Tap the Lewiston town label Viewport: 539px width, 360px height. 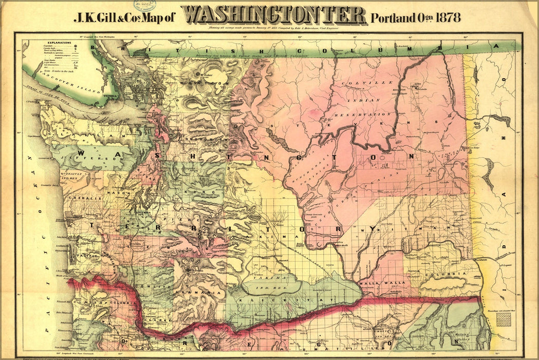(x=481, y=261)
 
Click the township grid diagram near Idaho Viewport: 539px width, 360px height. (x=504, y=319)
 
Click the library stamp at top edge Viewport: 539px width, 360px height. (x=145, y=5)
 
